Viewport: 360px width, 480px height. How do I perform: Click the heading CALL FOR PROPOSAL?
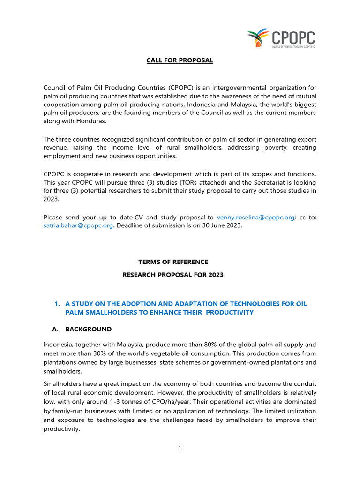[180, 60]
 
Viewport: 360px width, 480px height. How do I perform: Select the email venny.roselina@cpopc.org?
[255, 217]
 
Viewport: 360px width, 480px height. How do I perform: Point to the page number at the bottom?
[180, 448]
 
